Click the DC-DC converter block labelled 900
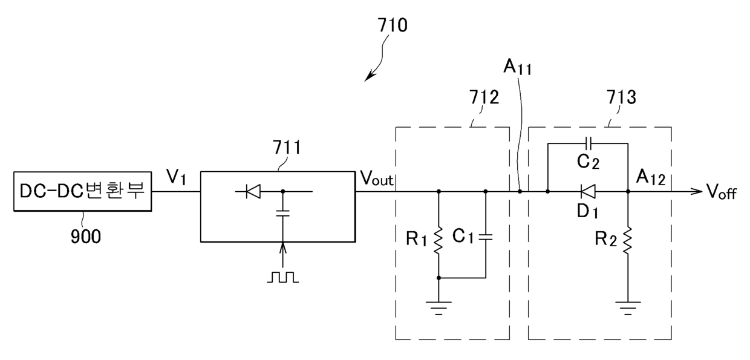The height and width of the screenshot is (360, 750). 82,192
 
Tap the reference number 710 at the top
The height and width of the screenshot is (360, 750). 393,25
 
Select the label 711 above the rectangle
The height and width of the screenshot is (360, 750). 287,148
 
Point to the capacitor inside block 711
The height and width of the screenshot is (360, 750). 282,213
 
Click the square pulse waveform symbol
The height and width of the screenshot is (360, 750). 283,277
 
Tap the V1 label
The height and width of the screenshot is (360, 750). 176,177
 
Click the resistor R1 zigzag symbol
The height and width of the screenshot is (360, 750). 439,240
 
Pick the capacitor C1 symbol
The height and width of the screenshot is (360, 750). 486,237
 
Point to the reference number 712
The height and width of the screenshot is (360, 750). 484,97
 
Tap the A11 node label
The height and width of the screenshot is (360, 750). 517,67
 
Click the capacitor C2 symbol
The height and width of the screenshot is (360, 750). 589,143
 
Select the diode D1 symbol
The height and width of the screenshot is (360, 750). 588,192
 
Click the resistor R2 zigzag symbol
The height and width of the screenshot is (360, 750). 628,240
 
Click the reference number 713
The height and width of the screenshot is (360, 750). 621,97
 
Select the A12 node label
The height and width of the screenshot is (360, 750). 651,177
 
